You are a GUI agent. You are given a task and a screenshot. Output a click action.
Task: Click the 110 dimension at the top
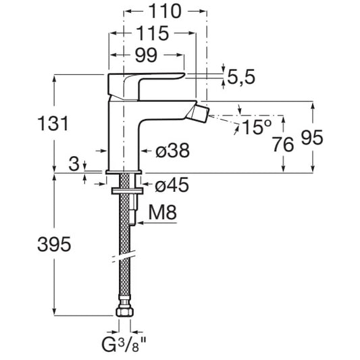tap(165, 11)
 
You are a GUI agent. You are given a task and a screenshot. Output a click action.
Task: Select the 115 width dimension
tap(153, 34)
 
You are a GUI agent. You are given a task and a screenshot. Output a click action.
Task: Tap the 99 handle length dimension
tap(146, 55)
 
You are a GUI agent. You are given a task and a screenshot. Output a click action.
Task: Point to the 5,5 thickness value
tap(241, 77)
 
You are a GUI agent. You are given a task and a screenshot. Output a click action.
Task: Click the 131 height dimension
tap(53, 124)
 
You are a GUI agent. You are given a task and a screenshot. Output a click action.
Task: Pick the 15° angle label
tap(257, 127)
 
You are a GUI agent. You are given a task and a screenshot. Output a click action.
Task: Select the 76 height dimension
tap(283, 145)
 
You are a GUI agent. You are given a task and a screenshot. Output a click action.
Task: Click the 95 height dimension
tap(312, 138)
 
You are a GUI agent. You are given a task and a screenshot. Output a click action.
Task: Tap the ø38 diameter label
tap(173, 151)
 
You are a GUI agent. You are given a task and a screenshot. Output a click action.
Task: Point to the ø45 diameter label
tap(172, 185)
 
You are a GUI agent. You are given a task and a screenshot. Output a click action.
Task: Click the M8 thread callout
tap(163, 213)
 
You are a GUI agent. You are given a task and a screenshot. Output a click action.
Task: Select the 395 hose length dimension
tap(54, 245)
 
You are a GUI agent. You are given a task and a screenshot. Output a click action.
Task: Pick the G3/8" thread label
tap(124, 344)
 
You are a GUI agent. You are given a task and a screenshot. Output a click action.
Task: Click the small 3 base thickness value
tap(74, 164)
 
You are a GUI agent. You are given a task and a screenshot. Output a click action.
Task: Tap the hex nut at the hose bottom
tap(125, 312)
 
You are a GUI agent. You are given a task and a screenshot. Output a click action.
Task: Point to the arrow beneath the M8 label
tap(157, 222)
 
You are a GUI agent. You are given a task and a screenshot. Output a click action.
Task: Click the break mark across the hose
tap(125, 258)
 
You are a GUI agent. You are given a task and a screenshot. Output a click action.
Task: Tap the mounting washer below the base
tap(127, 190)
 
